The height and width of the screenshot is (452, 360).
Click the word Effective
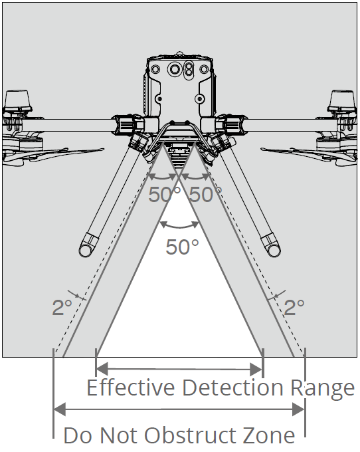click(x=131, y=388)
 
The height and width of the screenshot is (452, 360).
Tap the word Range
click(x=322, y=389)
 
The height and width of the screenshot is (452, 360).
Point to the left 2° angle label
click(x=62, y=307)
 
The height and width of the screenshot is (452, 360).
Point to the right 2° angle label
click(x=294, y=307)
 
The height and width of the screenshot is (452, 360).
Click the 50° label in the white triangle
click(x=182, y=247)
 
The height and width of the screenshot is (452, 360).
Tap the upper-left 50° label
click(x=165, y=194)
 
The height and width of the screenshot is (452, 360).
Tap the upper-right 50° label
click(x=206, y=194)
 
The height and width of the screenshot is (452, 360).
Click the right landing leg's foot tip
click(x=274, y=250)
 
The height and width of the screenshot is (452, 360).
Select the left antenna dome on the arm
click(x=17, y=100)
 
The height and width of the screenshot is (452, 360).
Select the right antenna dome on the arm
click(x=342, y=100)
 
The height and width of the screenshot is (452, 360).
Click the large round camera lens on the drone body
click(x=175, y=69)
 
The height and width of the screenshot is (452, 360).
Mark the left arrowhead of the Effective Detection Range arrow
click(x=102, y=369)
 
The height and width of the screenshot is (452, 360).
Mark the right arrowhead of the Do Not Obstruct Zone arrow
click(x=298, y=409)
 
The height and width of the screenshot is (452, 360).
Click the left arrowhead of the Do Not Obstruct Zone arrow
click(x=60, y=409)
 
